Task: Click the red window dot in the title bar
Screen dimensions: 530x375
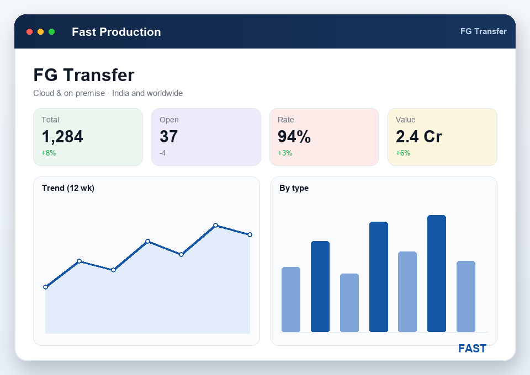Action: tap(29, 32)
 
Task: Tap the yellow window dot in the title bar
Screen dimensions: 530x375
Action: tap(40, 32)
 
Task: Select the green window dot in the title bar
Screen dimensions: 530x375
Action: tap(52, 32)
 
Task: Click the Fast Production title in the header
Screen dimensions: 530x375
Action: tap(116, 32)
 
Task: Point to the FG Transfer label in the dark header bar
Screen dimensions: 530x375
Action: tap(484, 31)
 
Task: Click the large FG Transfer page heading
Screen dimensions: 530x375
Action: tap(84, 75)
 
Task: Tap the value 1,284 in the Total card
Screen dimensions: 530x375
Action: tap(62, 137)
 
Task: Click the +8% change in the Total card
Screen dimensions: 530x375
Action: tap(49, 153)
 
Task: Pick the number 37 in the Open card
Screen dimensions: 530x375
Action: tap(169, 137)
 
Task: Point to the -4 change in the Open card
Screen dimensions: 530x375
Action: tap(162, 153)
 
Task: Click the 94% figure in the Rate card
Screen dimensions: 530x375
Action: tap(294, 137)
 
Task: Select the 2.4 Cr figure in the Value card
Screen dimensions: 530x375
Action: tap(419, 137)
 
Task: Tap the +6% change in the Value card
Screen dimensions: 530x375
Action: tap(403, 153)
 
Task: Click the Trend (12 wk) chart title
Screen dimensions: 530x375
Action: tap(68, 188)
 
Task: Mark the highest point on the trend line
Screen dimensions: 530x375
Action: tap(216, 225)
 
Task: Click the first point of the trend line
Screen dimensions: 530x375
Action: tap(46, 287)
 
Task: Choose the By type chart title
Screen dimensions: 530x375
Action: tap(294, 188)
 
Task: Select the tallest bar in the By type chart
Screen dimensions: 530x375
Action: tap(437, 274)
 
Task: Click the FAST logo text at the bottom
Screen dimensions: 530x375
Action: tap(472, 349)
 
